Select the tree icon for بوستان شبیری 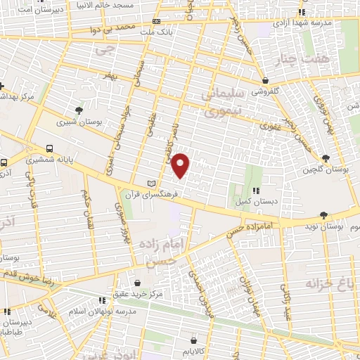(x=79, y=110)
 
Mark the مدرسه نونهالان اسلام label (x=91, y=310)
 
